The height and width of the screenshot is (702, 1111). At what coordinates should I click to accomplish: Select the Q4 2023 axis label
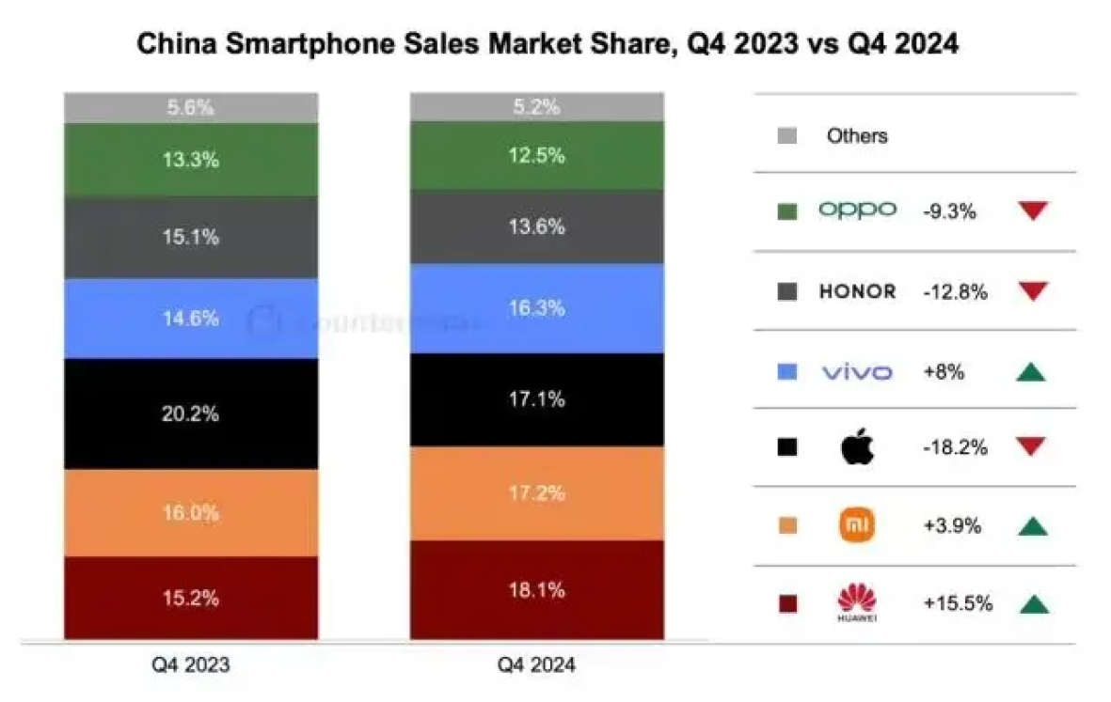tap(191, 665)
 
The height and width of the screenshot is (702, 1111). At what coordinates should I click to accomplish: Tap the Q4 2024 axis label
tap(536, 665)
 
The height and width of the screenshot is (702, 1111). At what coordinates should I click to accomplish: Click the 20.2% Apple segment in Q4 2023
tap(191, 414)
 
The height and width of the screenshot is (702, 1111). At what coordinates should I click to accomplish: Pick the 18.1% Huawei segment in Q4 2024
tap(536, 590)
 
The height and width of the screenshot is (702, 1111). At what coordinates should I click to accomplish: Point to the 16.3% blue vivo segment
tap(536, 308)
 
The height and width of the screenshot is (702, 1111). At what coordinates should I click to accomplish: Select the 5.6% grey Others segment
tap(191, 108)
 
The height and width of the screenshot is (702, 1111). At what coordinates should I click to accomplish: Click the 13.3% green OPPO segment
tap(191, 160)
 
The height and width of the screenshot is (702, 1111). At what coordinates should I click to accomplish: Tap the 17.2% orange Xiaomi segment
tap(536, 493)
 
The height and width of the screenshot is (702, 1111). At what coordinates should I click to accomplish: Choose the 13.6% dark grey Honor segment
tap(536, 226)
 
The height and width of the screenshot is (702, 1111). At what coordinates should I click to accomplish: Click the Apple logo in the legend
tap(857, 447)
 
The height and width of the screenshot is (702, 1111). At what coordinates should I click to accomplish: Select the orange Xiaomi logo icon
tap(857, 525)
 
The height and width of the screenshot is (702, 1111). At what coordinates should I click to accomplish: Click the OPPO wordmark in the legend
tap(857, 211)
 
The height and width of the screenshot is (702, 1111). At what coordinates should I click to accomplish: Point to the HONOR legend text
tap(857, 291)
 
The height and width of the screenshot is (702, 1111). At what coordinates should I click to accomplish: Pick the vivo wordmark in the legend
tap(857, 372)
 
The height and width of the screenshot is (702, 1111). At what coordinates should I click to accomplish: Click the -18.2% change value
tap(955, 447)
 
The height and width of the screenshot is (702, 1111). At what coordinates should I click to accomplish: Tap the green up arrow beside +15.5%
tap(1032, 604)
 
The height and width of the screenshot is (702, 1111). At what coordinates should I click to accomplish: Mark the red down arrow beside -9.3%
tap(1032, 211)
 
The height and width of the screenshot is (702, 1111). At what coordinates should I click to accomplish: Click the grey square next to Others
tap(787, 135)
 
